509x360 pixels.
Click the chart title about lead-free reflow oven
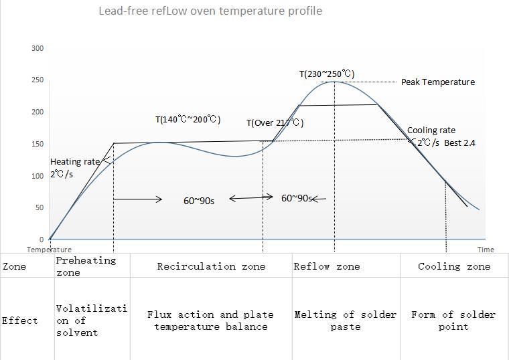(x=210, y=11)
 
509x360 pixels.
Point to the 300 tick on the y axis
(x=38, y=48)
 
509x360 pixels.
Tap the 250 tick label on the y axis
(x=38, y=80)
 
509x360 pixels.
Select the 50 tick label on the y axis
(x=39, y=208)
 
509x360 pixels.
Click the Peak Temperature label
(x=437, y=82)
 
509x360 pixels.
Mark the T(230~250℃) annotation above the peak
(x=327, y=74)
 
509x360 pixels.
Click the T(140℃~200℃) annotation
(x=188, y=120)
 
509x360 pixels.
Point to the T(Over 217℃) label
(x=275, y=123)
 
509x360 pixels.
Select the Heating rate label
(x=75, y=162)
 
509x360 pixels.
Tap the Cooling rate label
(x=431, y=130)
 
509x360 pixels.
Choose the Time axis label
(x=486, y=250)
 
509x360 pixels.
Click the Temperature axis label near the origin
(x=49, y=250)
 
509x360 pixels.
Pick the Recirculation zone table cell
(x=211, y=266)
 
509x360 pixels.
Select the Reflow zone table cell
(x=327, y=266)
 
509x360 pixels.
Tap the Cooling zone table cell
(x=454, y=266)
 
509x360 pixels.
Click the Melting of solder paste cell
(x=346, y=321)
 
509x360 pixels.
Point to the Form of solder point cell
(x=453, y=321)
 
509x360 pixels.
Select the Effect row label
(x=20, y=321)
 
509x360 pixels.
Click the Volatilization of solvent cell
(x=91, y=321)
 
